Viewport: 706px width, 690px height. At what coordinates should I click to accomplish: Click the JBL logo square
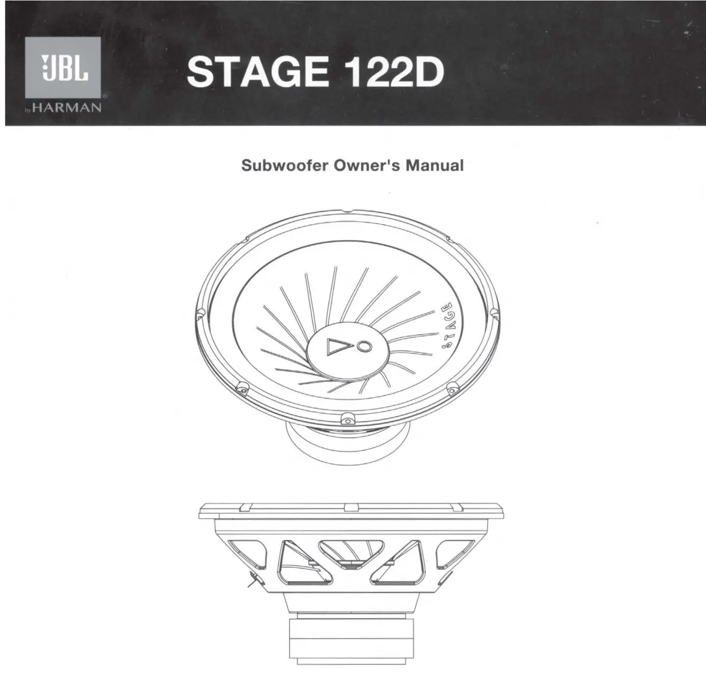click(63, 67)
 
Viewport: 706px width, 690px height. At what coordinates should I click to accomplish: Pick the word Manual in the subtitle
click(434, 165)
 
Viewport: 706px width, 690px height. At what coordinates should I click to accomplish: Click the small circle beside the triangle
click(364, 346)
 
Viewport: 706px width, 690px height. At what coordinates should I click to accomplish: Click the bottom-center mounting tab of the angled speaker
click(347, 419)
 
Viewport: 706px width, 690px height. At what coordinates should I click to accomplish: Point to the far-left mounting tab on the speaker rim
click(200, 313)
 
